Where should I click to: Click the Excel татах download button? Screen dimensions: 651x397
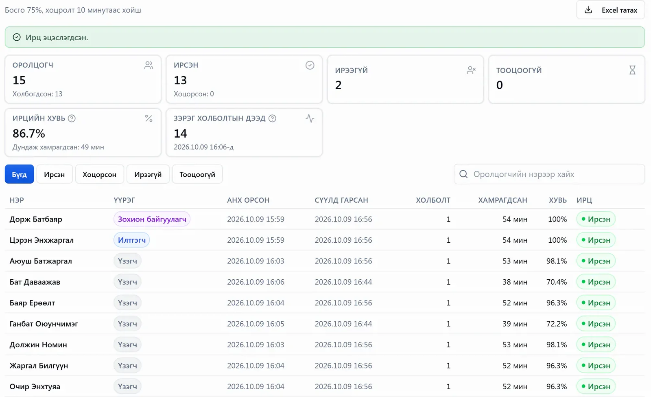610,10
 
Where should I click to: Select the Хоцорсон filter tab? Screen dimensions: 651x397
99,174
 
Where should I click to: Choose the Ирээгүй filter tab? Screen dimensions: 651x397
148,174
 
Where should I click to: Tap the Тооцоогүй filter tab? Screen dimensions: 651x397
197,174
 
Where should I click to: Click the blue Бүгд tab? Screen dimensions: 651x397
19,174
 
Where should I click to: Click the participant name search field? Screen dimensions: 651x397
549,174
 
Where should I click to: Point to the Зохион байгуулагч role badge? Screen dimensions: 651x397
152,219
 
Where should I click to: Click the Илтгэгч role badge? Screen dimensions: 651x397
132,240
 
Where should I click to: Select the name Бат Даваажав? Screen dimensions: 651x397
35,282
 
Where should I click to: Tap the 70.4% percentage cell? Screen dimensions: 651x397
557,282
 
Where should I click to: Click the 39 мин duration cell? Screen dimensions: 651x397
515,324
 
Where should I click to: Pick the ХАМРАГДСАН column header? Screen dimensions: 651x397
503,200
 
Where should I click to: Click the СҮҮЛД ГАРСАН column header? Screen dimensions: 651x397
341,200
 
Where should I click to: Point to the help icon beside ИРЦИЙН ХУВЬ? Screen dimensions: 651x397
72,118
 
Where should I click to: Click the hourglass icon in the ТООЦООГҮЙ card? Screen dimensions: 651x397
632,70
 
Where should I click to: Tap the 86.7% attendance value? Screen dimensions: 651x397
29,134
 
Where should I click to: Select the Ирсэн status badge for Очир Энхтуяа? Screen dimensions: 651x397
596,386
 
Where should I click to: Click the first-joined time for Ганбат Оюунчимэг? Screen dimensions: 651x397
256,324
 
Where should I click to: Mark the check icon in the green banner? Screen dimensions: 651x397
17,37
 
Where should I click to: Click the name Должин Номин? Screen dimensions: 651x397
38,344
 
